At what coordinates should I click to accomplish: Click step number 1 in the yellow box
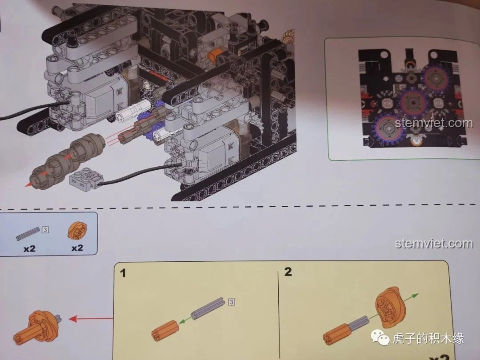coord(123,273)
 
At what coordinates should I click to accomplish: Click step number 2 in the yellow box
coord(288,272)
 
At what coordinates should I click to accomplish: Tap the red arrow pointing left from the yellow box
coord(91,319)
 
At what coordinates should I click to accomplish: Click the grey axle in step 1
coord(208,308)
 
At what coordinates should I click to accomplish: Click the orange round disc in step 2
coord(391,305)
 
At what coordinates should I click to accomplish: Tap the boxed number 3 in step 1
coord(232,302)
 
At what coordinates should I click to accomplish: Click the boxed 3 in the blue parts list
coord(45,229)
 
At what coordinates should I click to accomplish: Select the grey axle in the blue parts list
coord(28,234)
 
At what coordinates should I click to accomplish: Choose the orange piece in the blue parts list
coord(77,231)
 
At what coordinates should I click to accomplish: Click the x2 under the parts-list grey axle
coord(29,248)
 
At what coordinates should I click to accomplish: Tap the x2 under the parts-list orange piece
coord(77,248)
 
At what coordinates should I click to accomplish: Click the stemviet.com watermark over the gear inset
coord(434,123)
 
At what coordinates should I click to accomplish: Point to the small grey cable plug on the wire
coord(86,178)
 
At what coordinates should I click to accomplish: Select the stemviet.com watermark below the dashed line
coord(434,244)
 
